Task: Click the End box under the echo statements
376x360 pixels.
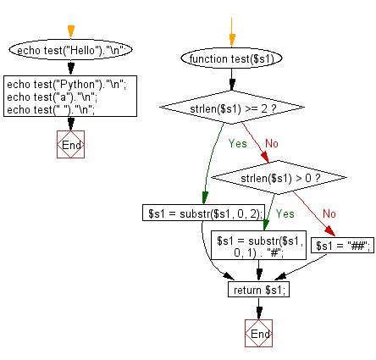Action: (x=72, y=145)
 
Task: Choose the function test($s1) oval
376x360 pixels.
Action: (x=230, y=59)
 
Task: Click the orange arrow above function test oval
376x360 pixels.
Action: (x=230, y=34)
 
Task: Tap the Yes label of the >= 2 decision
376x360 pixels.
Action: (x=238, y=143)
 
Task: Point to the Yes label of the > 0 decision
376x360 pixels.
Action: (x=285, y=214)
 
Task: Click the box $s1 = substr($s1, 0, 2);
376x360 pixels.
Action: (x=202, y=213)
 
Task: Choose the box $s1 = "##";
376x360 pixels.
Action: (x=344, y=246)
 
